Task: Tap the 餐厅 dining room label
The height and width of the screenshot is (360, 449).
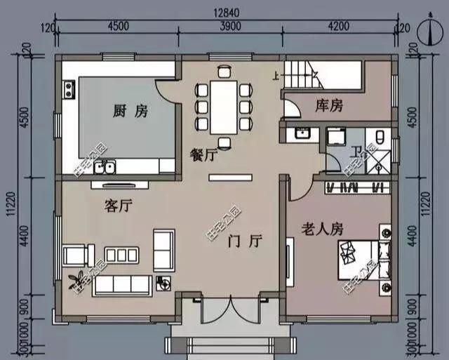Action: (203, 155)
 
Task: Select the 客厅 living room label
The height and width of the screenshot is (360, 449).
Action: (119, 206)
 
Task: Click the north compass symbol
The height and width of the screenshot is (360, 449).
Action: (427, 30)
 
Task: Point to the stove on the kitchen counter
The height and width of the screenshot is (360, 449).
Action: (69, 89)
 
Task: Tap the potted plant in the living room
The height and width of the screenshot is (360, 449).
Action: (76, 279)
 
